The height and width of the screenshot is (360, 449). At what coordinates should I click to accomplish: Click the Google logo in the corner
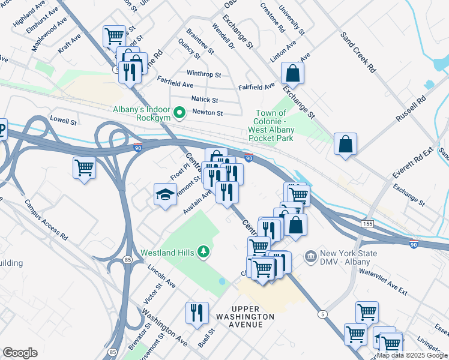click(20, 353)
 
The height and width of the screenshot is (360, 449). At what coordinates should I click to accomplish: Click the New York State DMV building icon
click(310, 257)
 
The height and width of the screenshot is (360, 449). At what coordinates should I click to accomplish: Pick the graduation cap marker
click(165, 195)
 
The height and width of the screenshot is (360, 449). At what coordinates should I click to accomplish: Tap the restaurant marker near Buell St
click(197, 313)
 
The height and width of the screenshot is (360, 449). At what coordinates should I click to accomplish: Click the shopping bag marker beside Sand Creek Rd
click(345, 145)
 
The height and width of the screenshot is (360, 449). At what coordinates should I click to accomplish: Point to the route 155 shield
click(368, 223)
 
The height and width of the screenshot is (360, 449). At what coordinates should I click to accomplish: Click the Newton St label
click(207, 113)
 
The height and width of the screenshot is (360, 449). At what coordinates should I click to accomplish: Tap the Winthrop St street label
click(203, 75)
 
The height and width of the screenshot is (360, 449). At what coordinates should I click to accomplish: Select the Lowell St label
click(64, 121)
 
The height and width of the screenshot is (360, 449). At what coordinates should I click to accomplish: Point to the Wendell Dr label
click(223, 35)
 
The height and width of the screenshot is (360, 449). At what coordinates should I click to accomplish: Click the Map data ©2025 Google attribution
click(412, 355)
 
